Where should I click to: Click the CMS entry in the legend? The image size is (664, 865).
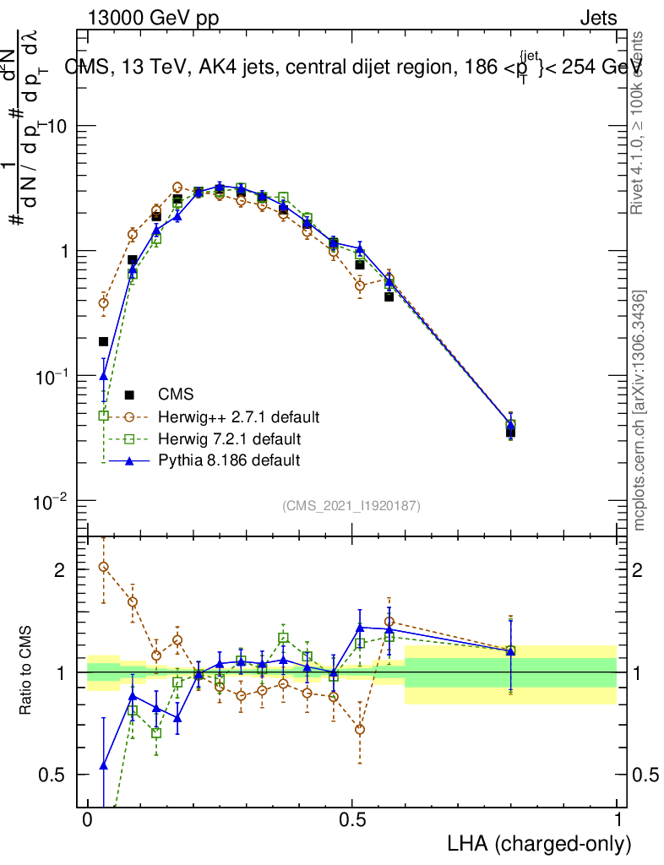pyautogui.click(x=176, y=394)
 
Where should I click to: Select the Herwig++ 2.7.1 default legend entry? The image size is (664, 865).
pyautogui.click(x=236, y=416)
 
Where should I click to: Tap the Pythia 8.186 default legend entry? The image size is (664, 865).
pyautogui.click(x=228, y=460)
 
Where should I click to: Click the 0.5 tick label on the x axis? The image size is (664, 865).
pyautogui.click(x=352, y=820)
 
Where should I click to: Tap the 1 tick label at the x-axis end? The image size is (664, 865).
pyautogui.click(x=618, y=820)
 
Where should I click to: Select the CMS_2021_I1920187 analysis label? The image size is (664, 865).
pyautogui.click(x=351, y=505)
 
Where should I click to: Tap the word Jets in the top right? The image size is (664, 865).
pyautogui.click(x=598, y=18)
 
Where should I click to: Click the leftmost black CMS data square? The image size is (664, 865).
pyautogui.click(x=104, y=341)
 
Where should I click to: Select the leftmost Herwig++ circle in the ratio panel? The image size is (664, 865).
pyautogui.click(x=104, y=567)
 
